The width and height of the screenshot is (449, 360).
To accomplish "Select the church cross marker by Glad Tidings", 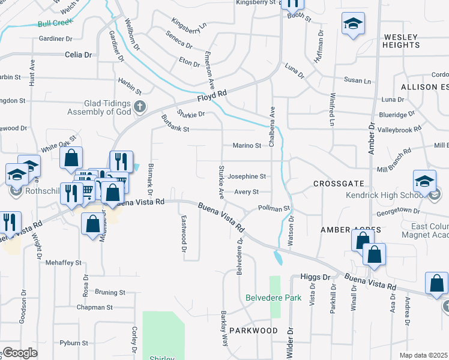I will pyautogui.click(x=140, y=107).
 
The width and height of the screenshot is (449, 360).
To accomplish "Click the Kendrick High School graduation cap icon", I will pyautogui.click(x=424, y=181).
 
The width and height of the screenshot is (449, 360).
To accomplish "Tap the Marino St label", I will pyautogui.click(x=246, y=145).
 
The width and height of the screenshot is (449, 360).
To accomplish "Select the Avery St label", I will pyautogui.click(x=246, y=192).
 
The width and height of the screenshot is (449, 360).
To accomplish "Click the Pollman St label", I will pyautogui.click(x=274, y=208).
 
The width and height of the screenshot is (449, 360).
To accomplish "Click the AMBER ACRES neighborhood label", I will pyautogui.click(x=343, y=230).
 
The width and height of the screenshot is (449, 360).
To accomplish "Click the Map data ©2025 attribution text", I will pyautogui.click(x=423, y=355).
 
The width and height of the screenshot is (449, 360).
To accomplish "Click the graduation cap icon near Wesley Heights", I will pyautogui.click(x=352, y=24).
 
